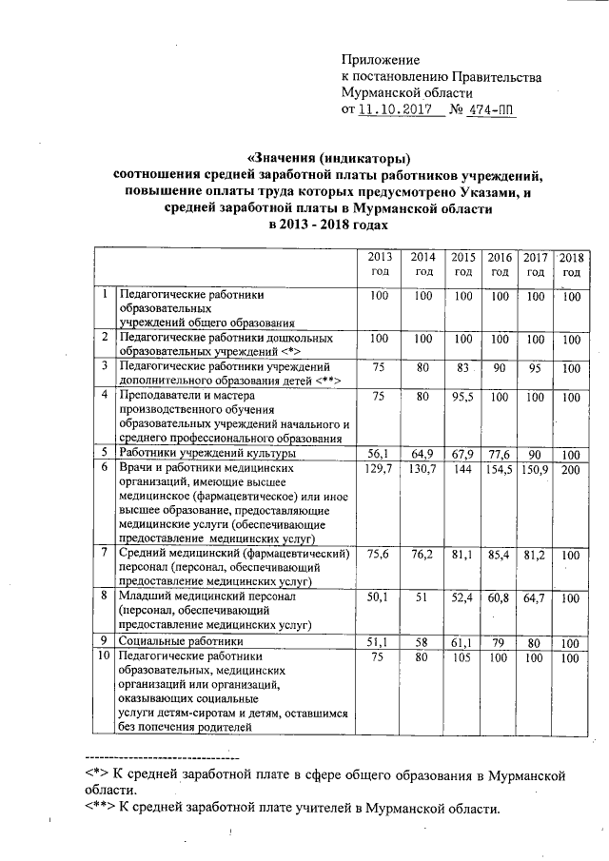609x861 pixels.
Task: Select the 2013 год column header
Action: click(x=380, y=264)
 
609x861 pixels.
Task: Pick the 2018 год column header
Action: click(x=571, y=264)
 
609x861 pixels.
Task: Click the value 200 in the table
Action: click(x=571, y=470)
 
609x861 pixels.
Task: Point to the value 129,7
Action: click(x=380, y=470)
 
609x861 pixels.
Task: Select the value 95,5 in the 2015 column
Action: click(x=463, y=396)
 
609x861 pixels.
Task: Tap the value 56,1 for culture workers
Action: click(x=380, y=455)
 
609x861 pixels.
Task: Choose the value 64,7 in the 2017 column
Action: click(x=536, y=597)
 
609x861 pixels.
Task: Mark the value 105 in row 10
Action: click(x=463, y=657)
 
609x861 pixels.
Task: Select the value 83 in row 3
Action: click(x=463, y=366)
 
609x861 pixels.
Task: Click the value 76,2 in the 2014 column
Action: click(x=423, y=553)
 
